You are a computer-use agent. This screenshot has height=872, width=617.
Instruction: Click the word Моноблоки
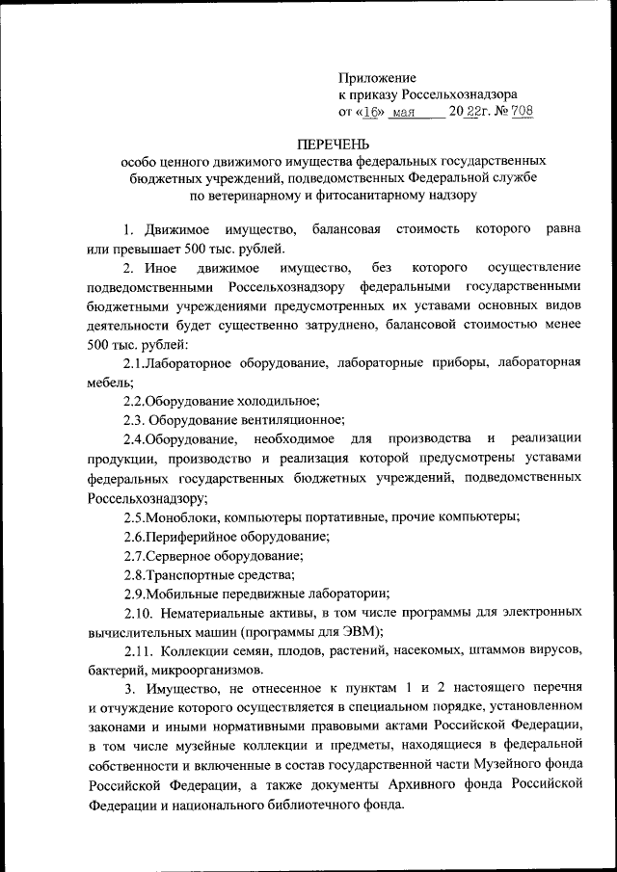(180, 516)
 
